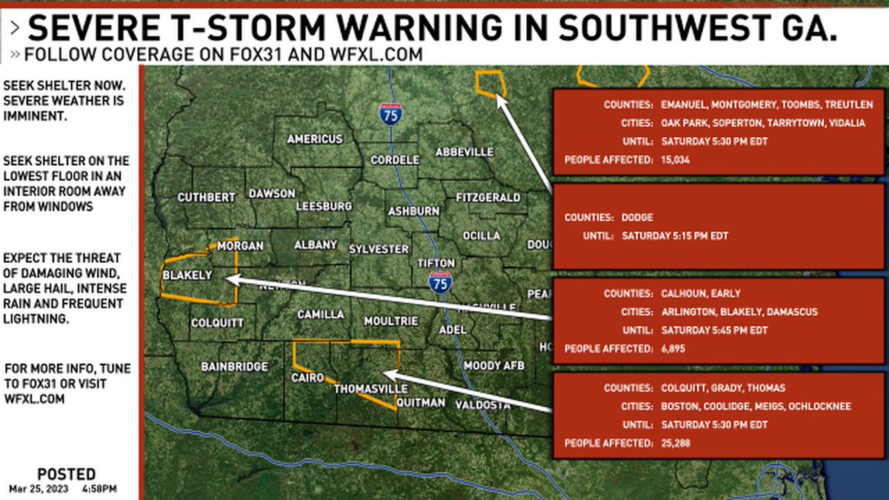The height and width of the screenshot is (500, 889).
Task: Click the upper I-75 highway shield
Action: pos(390,115)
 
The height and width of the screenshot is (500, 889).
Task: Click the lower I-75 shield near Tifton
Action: pos(440,282)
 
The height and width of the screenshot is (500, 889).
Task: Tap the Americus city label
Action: pos(315,139)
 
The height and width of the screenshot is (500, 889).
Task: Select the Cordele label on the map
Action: pos(395,160)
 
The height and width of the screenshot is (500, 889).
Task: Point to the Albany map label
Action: pos(316,245)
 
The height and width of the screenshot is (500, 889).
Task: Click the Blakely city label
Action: pos(187,276)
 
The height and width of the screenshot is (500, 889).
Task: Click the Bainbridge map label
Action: pos(234,366)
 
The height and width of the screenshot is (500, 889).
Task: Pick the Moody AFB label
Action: pos(493,366)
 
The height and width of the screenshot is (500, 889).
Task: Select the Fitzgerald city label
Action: pos(487,198)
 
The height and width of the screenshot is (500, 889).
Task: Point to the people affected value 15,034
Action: pos(676,159)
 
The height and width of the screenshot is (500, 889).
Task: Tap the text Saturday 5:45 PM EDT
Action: pos(714,330)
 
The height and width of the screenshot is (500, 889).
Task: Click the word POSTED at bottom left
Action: pos(66,474)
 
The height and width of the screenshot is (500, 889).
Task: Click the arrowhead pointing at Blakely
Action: pos(230,280)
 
